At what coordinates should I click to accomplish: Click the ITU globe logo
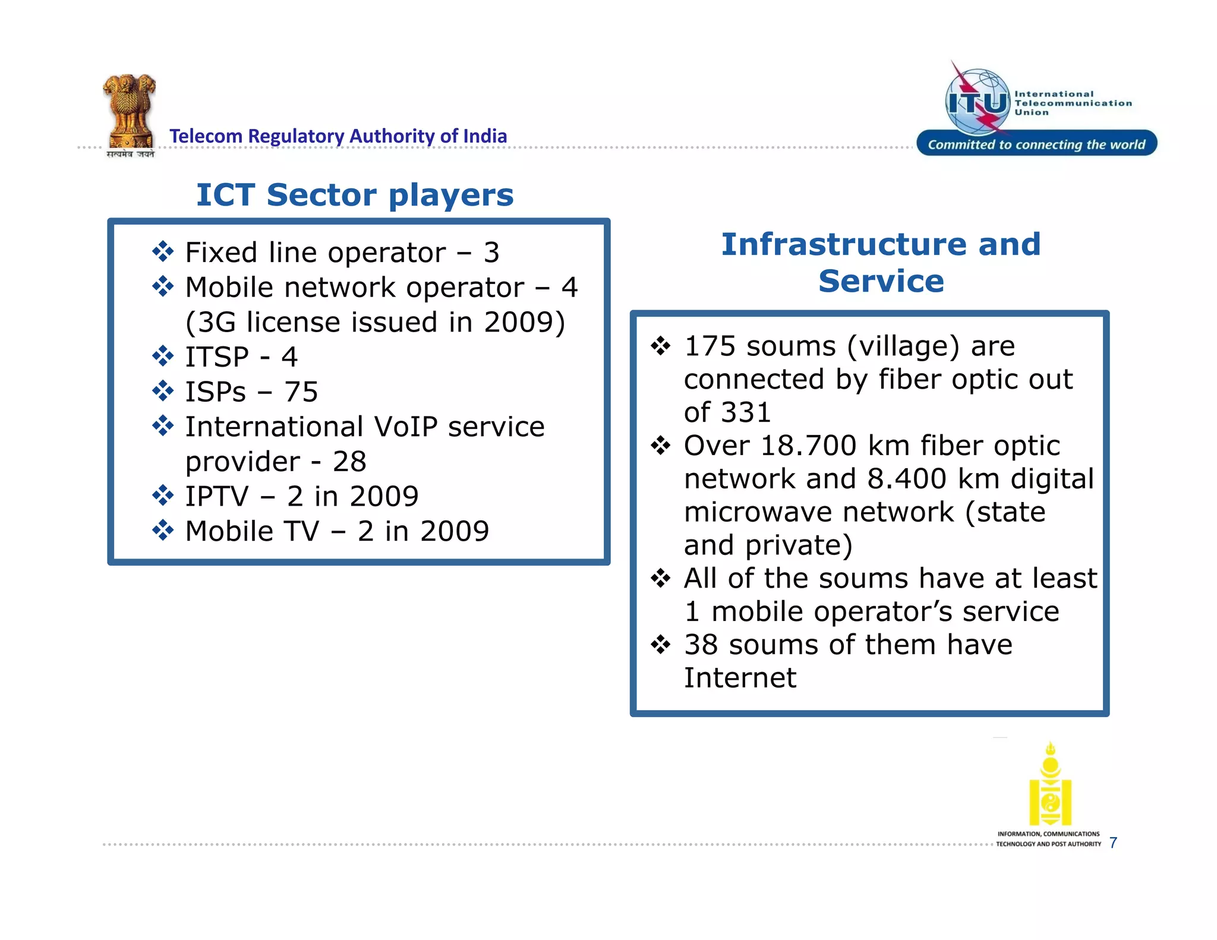(978, 102)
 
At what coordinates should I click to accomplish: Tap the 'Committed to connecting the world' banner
(1036, 144)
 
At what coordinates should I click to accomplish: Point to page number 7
(1113, 843)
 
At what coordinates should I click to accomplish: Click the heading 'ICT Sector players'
(355, 195)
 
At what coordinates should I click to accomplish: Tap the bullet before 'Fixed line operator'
(162, 252)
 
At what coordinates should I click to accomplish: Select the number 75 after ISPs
(301, 392)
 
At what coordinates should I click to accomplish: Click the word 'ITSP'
(217, 357)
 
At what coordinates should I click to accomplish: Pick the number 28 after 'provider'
(349, 462)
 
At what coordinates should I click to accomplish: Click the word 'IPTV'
(217, 497)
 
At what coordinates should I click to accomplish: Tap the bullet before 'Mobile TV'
(162, 530)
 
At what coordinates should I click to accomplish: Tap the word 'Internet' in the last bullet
(740, 678)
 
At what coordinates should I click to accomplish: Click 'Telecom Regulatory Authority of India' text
(338, 136)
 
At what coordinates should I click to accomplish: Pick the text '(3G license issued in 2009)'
(375, 322)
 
